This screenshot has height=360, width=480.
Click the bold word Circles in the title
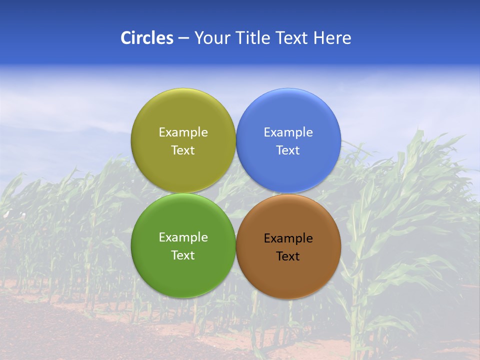[147, 38]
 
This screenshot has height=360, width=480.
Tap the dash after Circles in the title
[183, 38]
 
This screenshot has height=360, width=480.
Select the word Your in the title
[210, 38]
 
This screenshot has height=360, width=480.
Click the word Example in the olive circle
[183, 132]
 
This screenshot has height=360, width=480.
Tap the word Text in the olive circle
[183, 150]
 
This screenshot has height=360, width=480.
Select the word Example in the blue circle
[288, 132]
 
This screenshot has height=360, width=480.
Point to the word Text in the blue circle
[288, 150]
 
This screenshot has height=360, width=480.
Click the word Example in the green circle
[183, 237]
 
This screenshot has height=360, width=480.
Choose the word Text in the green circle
[183, 255]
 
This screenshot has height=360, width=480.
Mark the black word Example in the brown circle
[288, 238]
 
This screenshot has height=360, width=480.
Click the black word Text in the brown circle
[288, 256]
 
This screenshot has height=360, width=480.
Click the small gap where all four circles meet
[236, 193]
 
